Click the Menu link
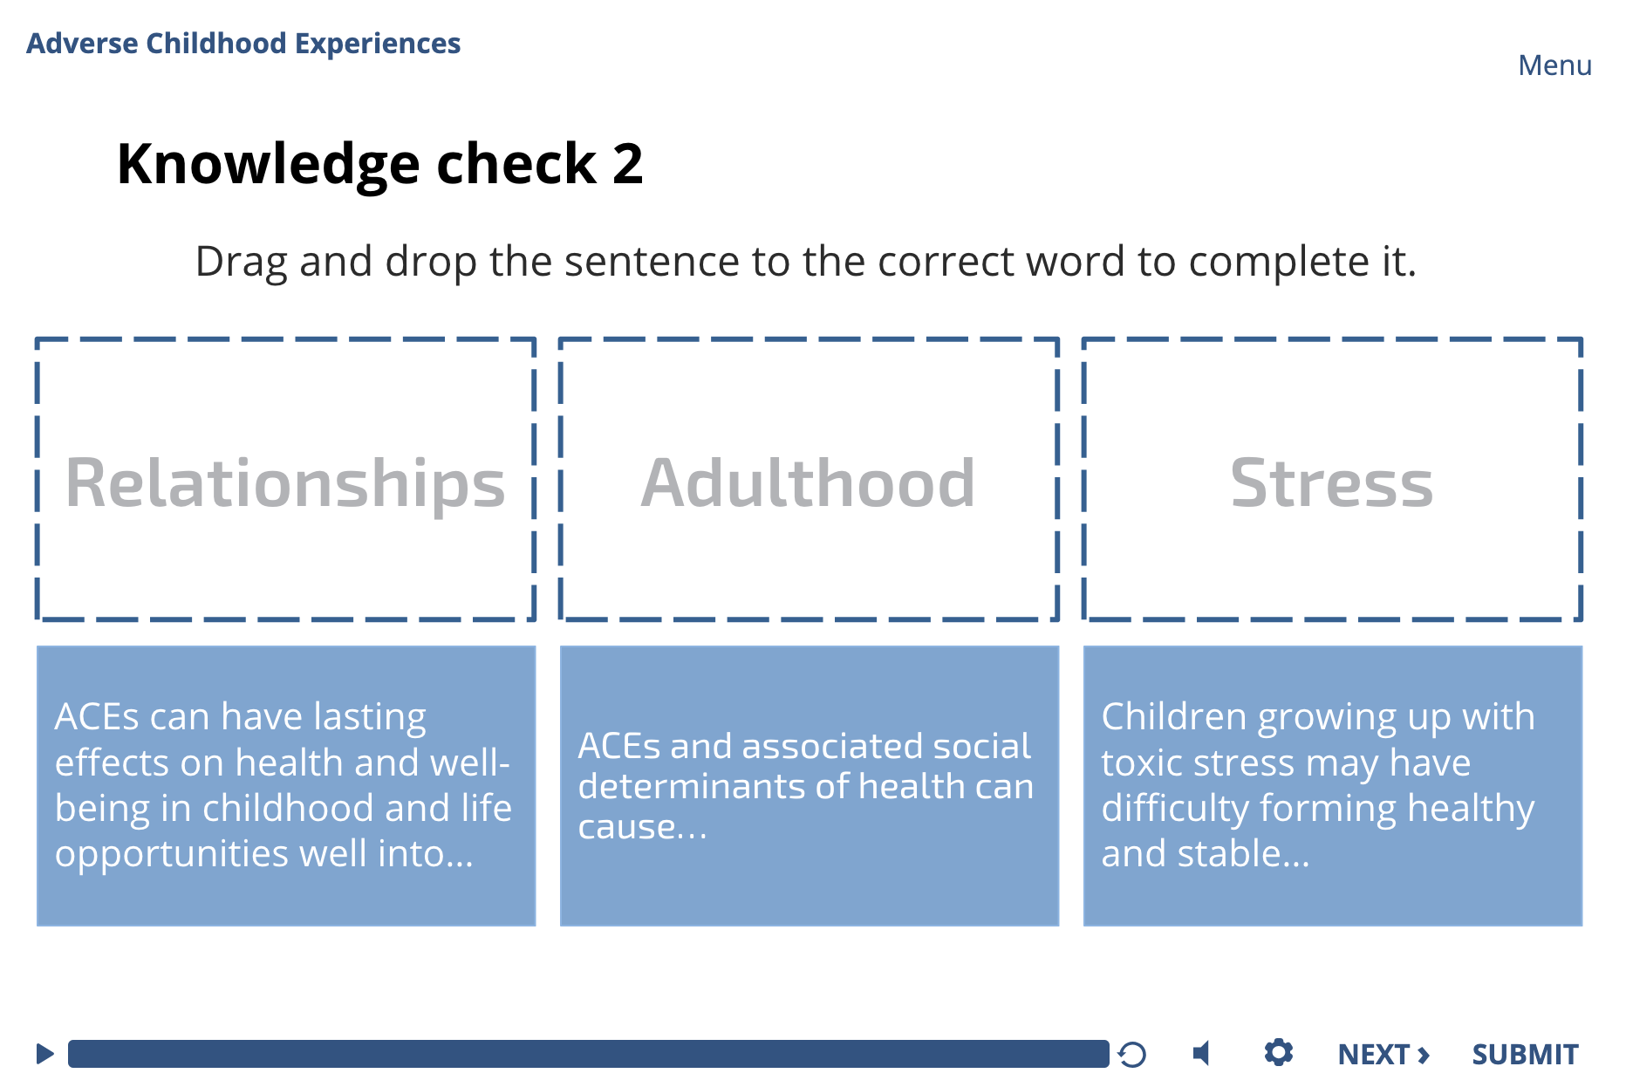click(x=1554, y=65)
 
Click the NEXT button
click(x=1383, y=1054)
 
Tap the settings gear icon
click(x=1278, y=1052)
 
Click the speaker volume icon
click(x=1202, y=1054)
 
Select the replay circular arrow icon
click(x=1132, y=1055)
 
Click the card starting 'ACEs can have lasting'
click(x=285, y=785)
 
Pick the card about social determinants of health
click(x=809, y=785)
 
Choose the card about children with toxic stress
click(x=1332, y=785)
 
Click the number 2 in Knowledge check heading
click(x=627, y=164)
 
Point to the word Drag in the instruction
click(x=241, y=262)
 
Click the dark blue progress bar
click(x=588, y=1054)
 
